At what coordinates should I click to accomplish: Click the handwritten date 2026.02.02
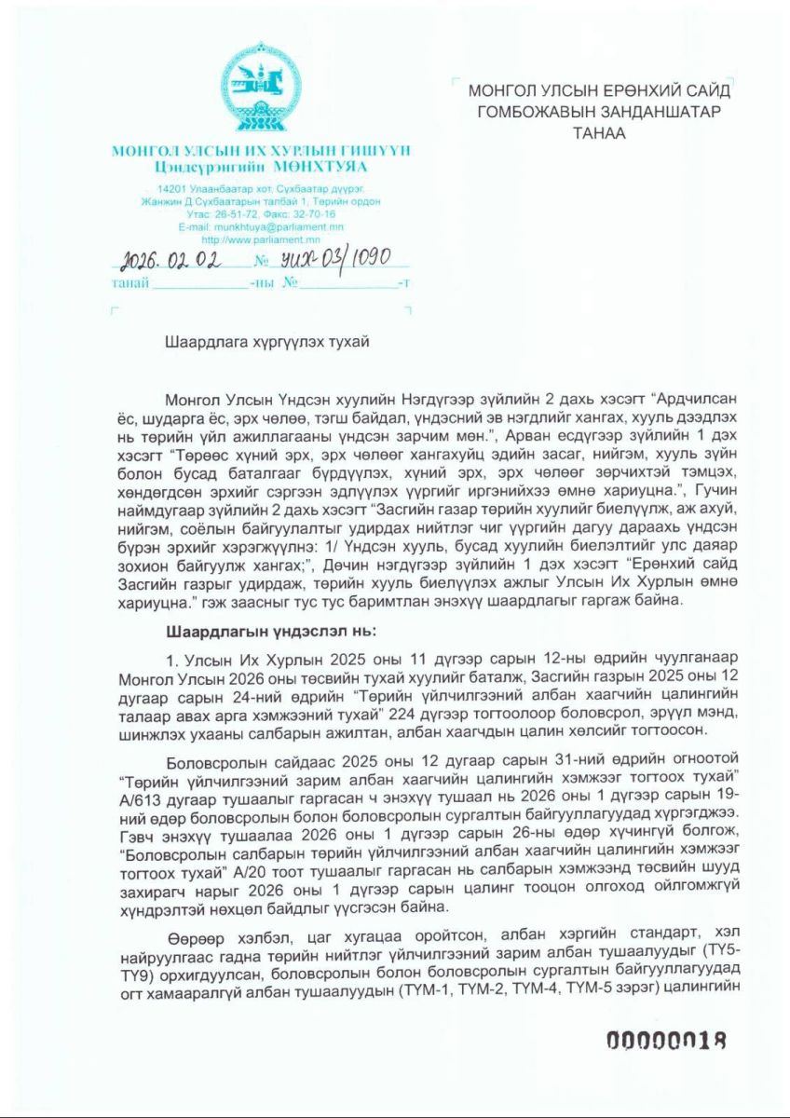coord(172,258)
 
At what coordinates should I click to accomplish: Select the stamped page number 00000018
coord(665,1041)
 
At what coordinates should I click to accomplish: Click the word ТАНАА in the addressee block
coord(600,133)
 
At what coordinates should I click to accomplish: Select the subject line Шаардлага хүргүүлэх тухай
coord(267,341)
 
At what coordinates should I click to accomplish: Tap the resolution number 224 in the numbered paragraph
coord(487,701)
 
